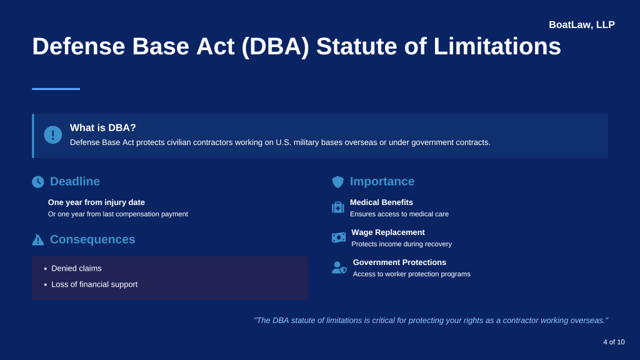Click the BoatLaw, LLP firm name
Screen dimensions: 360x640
581,25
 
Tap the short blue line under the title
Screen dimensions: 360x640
56,89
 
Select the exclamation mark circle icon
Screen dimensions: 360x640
53,134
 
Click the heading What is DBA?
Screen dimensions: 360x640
103,127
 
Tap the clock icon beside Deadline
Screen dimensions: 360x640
38,182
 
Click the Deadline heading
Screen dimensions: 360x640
75,181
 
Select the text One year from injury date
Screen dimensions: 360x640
96,202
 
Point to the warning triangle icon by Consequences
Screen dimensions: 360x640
38,240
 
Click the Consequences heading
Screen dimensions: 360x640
92,239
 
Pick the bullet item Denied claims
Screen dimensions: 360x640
76,268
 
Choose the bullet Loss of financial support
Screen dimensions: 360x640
94,284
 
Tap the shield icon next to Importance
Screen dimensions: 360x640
338,182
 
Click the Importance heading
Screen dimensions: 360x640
382,181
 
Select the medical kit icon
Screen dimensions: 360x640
338,207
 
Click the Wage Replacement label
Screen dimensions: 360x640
387,232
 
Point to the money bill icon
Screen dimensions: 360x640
339,237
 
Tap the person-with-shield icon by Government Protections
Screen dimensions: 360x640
339,267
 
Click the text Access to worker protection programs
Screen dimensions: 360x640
411,274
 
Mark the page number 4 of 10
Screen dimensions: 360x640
614,342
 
